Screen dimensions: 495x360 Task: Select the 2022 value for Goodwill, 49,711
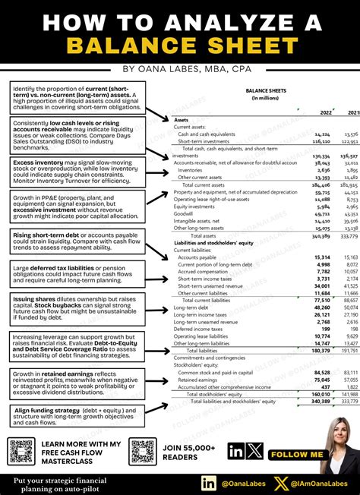(x=321, y=213)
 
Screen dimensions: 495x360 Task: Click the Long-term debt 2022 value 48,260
(x=321, y=307)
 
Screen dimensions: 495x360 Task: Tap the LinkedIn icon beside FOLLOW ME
(x=236, y=453)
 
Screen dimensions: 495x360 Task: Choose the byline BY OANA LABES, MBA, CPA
(x=180, y=68)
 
